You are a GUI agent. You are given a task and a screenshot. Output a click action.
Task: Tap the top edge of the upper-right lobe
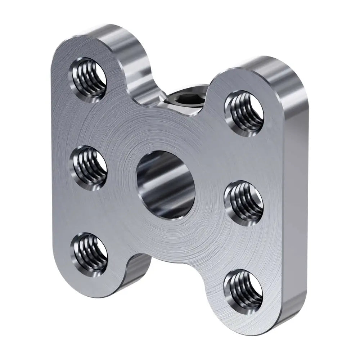pos(274,65)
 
